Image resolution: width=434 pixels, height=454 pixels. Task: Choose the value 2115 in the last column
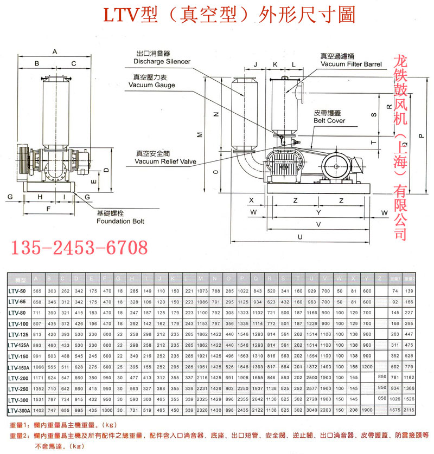tap(410, 410)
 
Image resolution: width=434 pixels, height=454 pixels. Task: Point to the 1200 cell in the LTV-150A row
tap(367, 367)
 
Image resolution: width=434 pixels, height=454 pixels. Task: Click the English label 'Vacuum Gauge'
tap(151, 86)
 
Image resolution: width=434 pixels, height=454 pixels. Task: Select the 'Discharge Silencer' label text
tap(162, 61)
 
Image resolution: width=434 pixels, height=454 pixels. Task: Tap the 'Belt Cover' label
tap(329, 121)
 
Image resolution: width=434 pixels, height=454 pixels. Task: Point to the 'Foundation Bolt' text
tap(120, 221)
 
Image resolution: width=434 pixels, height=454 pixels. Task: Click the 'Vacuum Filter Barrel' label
tap(350, 64)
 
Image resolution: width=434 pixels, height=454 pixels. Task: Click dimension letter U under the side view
tap(300, 237)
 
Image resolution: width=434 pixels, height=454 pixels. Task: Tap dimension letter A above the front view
tap(55, 51)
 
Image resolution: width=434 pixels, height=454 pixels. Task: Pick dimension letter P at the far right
tap(414, 137)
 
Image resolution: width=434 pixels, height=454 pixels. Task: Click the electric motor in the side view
tap(337, 167)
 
